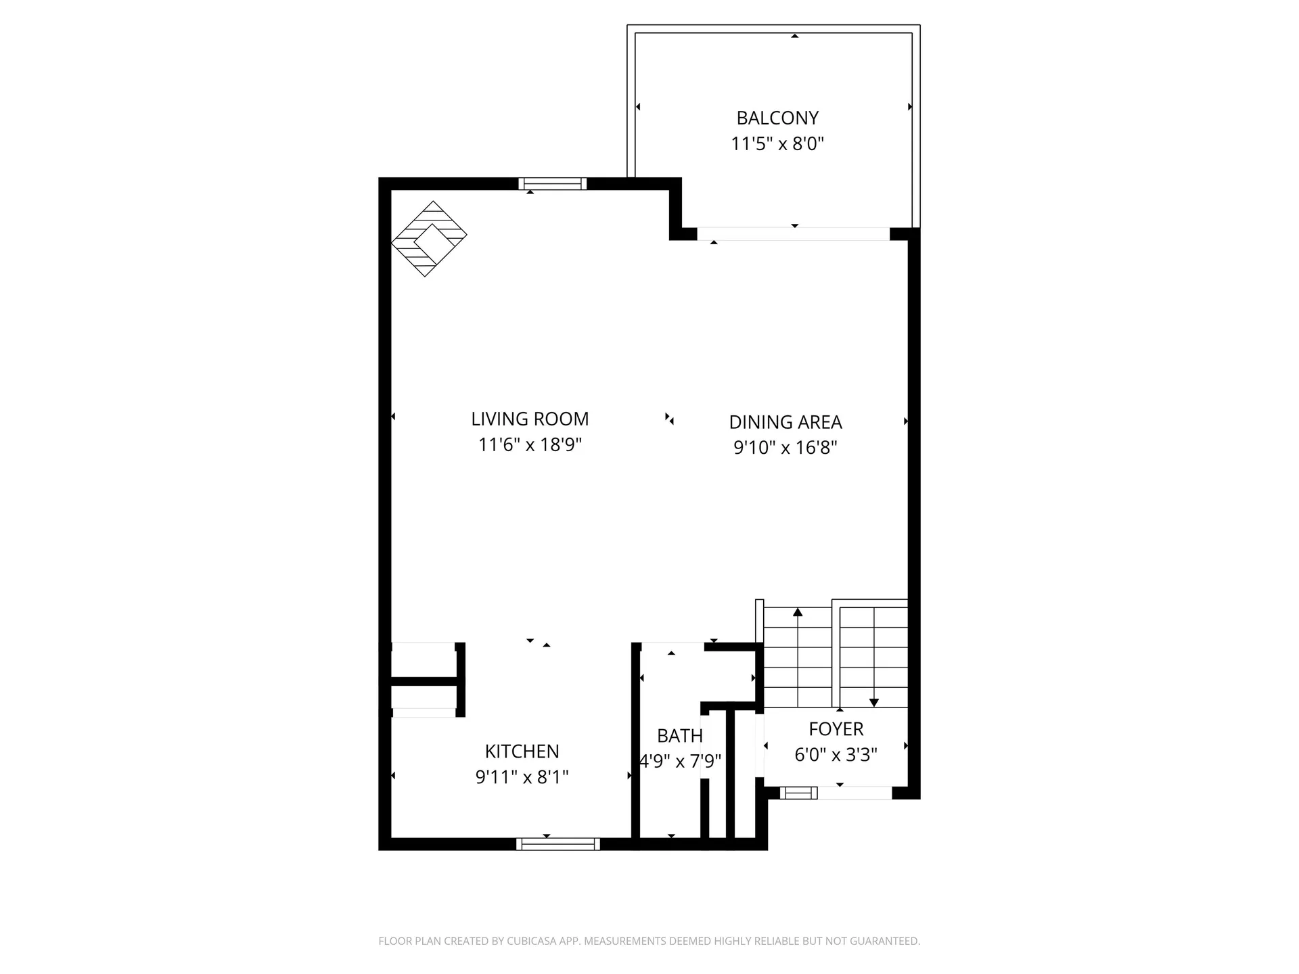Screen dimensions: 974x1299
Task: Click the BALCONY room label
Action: tap(777, 118)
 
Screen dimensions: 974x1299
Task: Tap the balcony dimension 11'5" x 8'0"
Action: tap(777, 143)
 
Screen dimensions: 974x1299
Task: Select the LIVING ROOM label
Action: tap(530, 419)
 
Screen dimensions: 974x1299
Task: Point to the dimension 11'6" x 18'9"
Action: tap(530, 444)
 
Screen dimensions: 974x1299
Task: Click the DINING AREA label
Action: tap(785, 422)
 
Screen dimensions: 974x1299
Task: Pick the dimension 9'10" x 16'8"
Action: tap(785, 447)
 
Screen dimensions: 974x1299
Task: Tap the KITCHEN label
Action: tap(522, 751)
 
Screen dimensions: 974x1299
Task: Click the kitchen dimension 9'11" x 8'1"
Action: tap(522, 777)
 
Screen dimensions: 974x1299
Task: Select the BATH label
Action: tap(679, 735)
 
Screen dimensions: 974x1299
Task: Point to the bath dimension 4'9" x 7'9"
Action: tap(680, 761)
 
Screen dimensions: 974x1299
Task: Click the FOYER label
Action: tap(836, 729)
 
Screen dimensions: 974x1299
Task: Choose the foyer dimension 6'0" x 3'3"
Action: tap(836, 755)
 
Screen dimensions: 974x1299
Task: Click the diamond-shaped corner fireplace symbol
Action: tap(429, 239)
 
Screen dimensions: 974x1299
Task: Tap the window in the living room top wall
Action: tap(552, 183)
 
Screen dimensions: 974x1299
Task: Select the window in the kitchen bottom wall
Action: tap(558, 843)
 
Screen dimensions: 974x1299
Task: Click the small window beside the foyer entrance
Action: tap(798, 793)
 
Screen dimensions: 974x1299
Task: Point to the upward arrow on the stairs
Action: tap(798, 612)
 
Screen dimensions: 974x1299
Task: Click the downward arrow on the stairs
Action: tap(873, 703)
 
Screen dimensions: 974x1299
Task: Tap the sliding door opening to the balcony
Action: tap(793, 234)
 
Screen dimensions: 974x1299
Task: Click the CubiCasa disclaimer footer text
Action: tap(649, 941)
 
